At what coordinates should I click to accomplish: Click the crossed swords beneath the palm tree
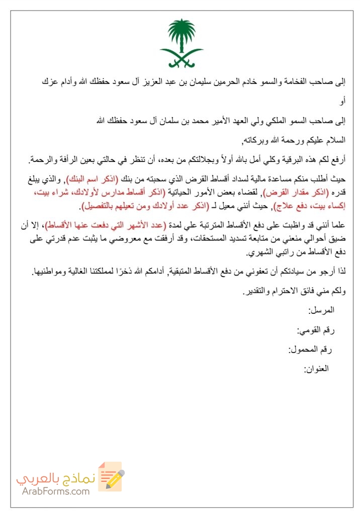(181, 59)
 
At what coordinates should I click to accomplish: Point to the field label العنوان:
(316, 369)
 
